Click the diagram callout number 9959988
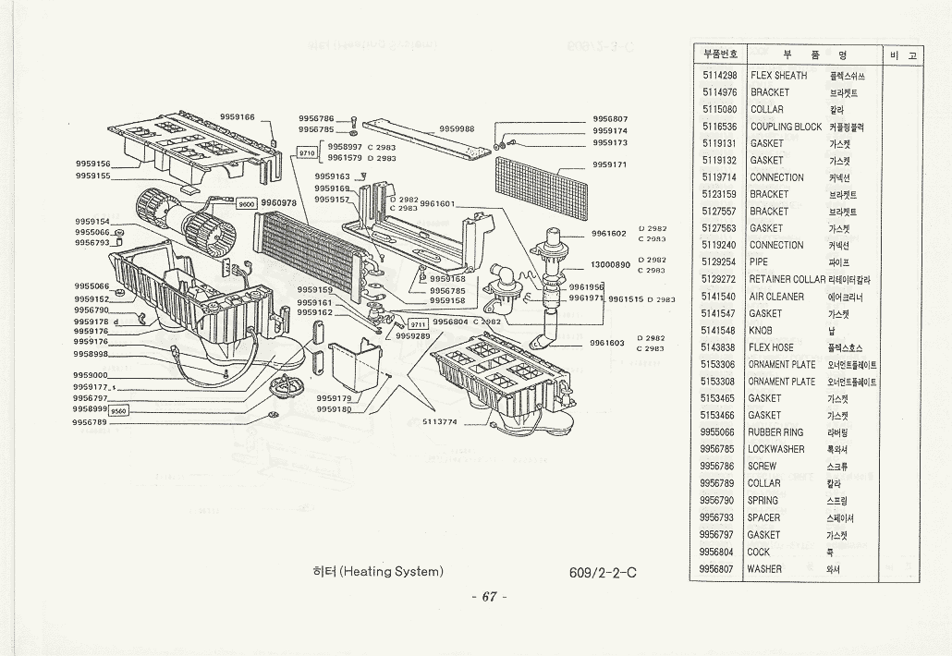click(457, 128)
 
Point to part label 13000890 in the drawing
click(609, 265)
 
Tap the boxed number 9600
click(247, 203)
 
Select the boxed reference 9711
click(418, 323)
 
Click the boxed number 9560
click(119, 411)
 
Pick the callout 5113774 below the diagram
click(441, 421)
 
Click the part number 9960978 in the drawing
click(278, 202)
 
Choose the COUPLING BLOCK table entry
click(786, 127)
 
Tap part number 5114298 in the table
click(719, 76)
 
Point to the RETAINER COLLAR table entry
click(787, 279)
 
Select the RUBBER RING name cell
click(775, 432)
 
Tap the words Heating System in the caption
click(391, 572)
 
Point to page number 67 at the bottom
click(489, 597)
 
